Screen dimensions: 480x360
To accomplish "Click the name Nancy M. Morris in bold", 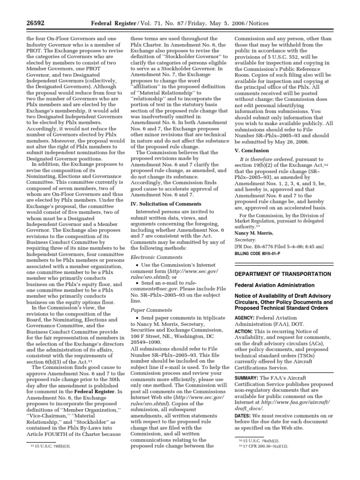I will (x=254, y=232).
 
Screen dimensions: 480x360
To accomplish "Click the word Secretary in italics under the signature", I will (x=246, y=239).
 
